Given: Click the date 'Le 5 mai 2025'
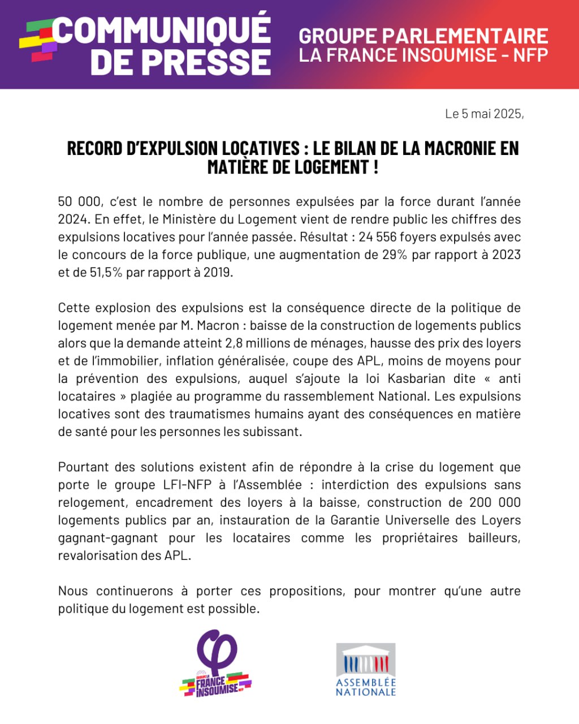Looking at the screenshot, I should pos(484,114).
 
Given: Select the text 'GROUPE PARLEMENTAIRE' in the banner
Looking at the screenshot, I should pos(423,36).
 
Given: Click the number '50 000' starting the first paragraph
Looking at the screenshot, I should pos(79,202).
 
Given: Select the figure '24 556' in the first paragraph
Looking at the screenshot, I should pos(376,237).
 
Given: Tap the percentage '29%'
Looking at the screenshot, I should pos(395,255).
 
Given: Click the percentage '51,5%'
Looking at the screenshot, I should pos(106,272).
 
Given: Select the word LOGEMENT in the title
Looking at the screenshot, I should pos(329,167).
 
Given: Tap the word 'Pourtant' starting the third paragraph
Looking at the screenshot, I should pos(83,467).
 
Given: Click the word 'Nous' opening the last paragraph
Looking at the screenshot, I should pos(72,591).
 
